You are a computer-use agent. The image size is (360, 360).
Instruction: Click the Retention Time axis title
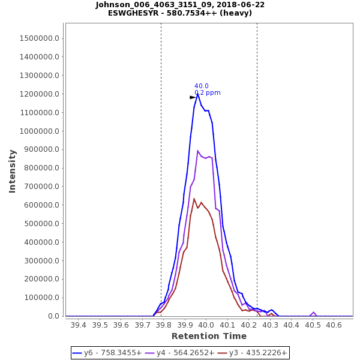point(209,336)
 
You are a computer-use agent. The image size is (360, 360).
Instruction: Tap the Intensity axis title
point(13,171)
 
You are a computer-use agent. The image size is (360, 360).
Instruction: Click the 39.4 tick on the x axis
point(78,325)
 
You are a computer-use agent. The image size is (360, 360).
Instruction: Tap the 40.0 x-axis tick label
point(206,325)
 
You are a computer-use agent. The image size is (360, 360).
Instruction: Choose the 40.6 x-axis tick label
point(334,325)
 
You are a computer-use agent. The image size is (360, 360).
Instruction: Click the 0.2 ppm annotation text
point(208,93)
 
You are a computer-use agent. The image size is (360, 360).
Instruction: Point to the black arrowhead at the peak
point(193,97)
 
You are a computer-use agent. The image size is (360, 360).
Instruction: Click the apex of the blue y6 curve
point(197,94)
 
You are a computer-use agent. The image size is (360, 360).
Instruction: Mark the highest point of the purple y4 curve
point(197,151)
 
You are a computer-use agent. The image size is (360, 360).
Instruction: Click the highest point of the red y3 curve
point(194,199)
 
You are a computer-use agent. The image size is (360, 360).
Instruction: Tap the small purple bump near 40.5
point(313,312)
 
